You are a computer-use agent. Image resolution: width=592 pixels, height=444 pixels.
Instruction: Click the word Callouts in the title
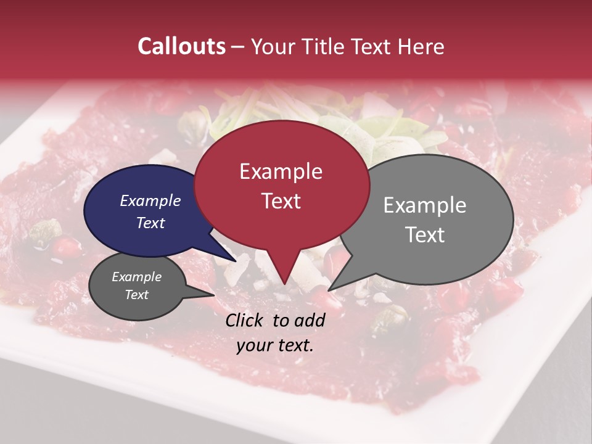click(181, 46)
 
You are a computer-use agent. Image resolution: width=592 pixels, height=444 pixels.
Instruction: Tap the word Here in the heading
click(419, 46)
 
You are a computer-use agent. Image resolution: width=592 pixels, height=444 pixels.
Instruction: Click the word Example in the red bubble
click(281, 171)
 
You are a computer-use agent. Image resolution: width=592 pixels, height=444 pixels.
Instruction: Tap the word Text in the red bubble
click(281, 201)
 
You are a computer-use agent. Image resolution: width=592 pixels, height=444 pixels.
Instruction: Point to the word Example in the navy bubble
click(150, 200)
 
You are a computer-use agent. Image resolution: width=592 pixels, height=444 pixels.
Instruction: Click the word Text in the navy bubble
click(150, 223)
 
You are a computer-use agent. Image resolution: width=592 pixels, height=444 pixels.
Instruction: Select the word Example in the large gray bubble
click(425, 205)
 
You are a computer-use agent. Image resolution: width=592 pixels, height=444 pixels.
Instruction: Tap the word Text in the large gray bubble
click(425, 235)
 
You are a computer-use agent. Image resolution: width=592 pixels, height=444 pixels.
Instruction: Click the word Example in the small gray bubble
click(136, 277)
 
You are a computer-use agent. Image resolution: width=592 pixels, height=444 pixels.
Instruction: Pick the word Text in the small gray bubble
click(136, 295)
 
